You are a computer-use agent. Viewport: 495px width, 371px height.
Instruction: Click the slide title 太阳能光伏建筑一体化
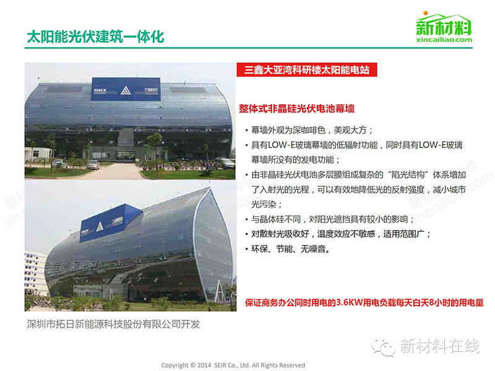coord(95,36)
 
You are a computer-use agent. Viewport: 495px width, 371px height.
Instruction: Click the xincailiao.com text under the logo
coord(444,40)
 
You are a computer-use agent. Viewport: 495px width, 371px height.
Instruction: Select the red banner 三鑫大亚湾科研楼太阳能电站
coord(308,70)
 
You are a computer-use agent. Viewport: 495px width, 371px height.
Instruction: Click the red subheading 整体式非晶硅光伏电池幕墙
coord(296,108)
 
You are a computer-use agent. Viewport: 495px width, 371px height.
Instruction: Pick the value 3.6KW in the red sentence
coord(358,304)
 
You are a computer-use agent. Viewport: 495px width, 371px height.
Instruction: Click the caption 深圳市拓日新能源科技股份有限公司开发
coord(114,324)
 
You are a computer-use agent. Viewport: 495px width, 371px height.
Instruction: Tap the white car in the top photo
coord(93,164)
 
